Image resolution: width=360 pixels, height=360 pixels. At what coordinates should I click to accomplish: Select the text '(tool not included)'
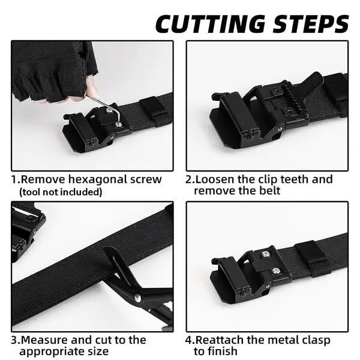(x=61, y=192)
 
